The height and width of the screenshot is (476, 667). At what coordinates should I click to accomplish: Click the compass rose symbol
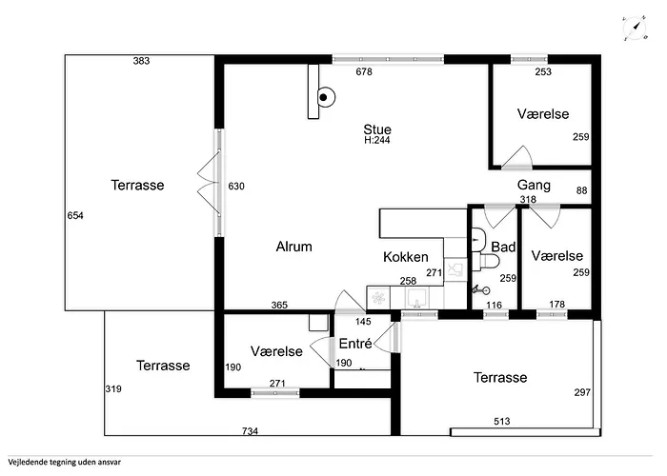(635, 29)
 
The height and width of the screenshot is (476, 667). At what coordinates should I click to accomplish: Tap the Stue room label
(377, 129)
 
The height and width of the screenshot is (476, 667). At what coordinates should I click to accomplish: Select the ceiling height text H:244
(377, 140)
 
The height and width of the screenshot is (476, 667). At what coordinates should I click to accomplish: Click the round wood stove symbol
(326, 97)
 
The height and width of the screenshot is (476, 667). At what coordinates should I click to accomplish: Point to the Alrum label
(293, 247)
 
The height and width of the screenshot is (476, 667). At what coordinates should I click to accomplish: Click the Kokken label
(405, 257)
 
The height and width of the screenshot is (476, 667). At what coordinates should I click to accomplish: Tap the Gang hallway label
(534, 185)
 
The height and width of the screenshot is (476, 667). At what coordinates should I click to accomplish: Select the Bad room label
(503, 247)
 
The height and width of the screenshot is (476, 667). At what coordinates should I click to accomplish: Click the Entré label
(355, 343)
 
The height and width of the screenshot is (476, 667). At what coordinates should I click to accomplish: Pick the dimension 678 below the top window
(364, 71)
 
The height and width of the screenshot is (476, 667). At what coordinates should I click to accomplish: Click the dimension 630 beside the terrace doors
(236, 187)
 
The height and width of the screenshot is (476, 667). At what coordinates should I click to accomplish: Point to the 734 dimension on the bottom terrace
(250, 431)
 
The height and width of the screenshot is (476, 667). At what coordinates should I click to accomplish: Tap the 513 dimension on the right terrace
(502, 421)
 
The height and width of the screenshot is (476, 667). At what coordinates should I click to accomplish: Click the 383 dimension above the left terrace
(141, 61)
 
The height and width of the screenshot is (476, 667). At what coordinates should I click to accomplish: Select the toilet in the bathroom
(490, 262)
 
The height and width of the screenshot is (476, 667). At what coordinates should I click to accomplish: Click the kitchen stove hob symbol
(378, 297)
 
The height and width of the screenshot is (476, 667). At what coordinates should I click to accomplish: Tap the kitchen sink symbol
(417, 297)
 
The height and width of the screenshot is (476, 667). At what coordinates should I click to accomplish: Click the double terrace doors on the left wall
(210, 183)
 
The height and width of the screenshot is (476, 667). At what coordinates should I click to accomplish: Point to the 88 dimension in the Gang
(581, 190)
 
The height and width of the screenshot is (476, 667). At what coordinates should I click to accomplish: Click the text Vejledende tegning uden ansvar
(64, 462)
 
